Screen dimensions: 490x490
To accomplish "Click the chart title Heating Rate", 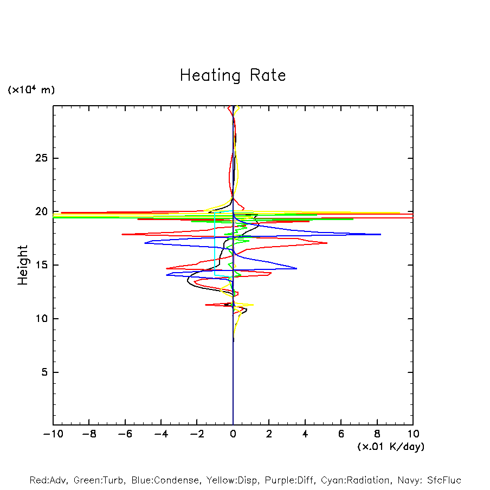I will tap(233, 75).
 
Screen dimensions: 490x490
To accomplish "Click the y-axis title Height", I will tap(23, 265).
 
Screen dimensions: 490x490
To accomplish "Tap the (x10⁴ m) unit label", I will tap(31, 90).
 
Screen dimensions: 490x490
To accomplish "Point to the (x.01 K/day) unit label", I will tap(390, 447).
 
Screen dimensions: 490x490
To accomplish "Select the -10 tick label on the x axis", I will tap(53, 434).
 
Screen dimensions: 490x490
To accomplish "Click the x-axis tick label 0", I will tap(233, 434).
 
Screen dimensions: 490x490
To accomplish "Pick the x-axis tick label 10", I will tap(413, 434).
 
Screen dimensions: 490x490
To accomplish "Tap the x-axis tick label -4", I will tap(160, 434).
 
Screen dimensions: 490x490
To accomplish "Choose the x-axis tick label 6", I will tap(341, 434).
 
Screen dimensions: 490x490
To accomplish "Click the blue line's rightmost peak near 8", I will tap(381, 234).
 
